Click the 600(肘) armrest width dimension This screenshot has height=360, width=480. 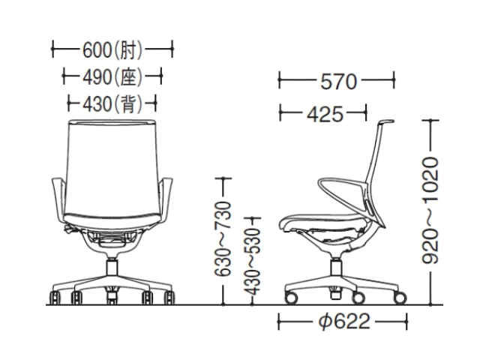pyautogui.click(x=112, y=49)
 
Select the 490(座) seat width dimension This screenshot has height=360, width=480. pyautogui.click(x=112, y=76)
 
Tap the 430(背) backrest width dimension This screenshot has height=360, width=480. pyautogui.click(x=112, y=103)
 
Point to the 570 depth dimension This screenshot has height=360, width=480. pyautogui.click(x=338, y=82)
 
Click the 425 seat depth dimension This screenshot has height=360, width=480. pyautogui.click(x=325, y=114)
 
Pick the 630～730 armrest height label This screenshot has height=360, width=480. pyautogui.click(x=222, y=238)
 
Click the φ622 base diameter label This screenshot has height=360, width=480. pyautogui.click(x=344, y=322)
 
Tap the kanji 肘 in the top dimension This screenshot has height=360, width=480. pyautogui.click(x=128, y=49)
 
